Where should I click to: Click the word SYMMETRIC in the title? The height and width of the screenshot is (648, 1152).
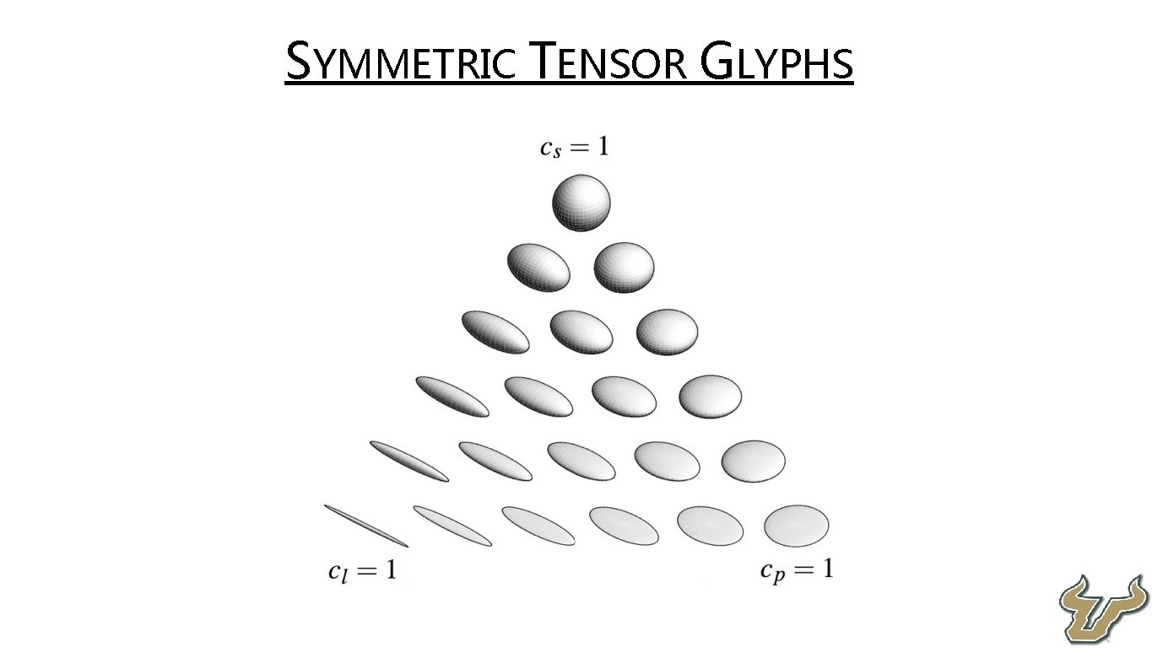pos(401,63)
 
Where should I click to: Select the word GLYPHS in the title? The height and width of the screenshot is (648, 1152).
pos(777,63)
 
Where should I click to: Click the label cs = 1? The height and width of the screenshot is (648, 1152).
pos(574,148)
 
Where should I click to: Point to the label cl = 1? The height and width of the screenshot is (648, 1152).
pos(361,571)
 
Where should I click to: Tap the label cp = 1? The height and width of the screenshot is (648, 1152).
pos(796,570)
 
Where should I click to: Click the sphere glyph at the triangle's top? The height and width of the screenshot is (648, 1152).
pos(581,202)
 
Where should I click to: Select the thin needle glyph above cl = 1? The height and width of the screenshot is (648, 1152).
pos(366,525)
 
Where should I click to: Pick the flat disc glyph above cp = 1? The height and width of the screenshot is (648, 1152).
pos(797,525)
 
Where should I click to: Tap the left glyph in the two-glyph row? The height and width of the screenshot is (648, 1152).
pos(538,267)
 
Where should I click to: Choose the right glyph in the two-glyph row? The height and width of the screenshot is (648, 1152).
pos(624,267)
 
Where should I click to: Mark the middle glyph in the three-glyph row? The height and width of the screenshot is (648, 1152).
pos(581,332)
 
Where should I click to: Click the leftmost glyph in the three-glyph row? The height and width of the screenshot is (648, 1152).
pos(495,332)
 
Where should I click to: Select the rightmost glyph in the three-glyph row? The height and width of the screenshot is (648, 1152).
pos(667,332)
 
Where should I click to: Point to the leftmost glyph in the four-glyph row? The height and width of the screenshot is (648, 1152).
pos(452,397)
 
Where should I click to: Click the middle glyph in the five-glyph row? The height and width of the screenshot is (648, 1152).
pos(581,461)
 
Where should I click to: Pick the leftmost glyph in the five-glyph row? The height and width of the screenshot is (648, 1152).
pos(409,462)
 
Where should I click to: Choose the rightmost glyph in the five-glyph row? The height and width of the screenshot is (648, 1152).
pos(753,460)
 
